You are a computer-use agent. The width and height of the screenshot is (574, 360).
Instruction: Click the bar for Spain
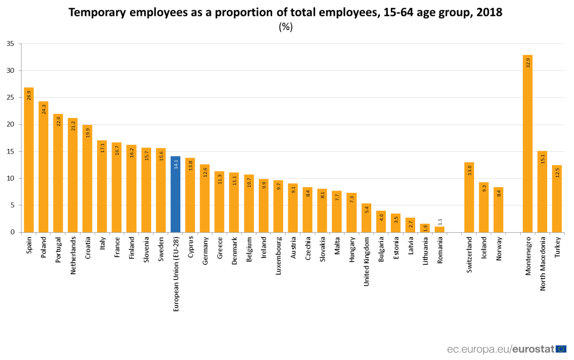(x=29, y=160)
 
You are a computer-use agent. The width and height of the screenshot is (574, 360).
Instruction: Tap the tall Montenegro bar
(x=528, y=144)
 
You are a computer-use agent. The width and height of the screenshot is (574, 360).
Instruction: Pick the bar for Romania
(x=440, y=229)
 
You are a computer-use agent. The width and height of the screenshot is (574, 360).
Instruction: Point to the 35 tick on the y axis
(x=10, y=44)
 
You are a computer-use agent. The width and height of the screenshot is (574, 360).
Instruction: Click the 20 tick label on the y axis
(x=10, y=124)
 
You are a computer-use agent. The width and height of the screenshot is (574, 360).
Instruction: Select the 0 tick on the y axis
(x=12, y=232)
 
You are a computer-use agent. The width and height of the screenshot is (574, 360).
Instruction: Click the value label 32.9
(x=528, y=63)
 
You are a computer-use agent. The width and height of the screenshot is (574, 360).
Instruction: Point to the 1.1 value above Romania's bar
(x=440, y=222)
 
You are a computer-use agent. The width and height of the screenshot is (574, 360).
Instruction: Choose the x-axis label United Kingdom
(x=366, y=261)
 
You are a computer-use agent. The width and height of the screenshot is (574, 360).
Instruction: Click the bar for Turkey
(x=557, y=199)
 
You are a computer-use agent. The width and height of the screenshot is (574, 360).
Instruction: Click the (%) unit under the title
(x=286, y=27)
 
